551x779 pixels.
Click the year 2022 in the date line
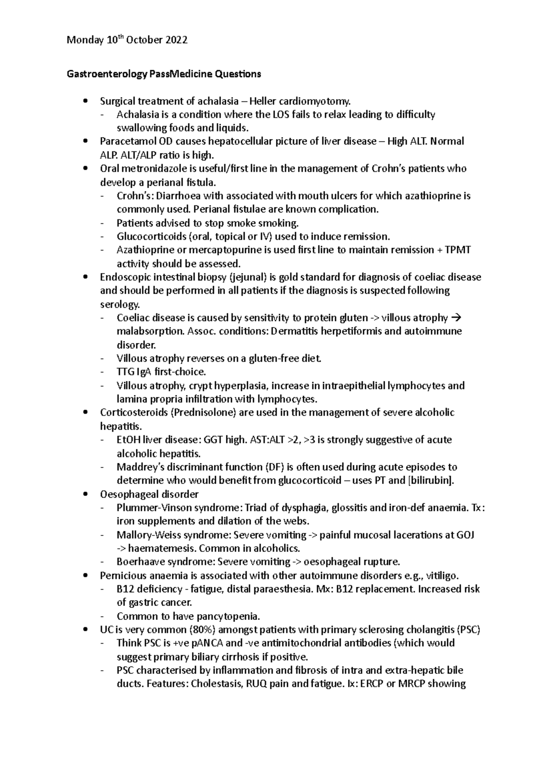[176, 40]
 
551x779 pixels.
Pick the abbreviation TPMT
[458, 250]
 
